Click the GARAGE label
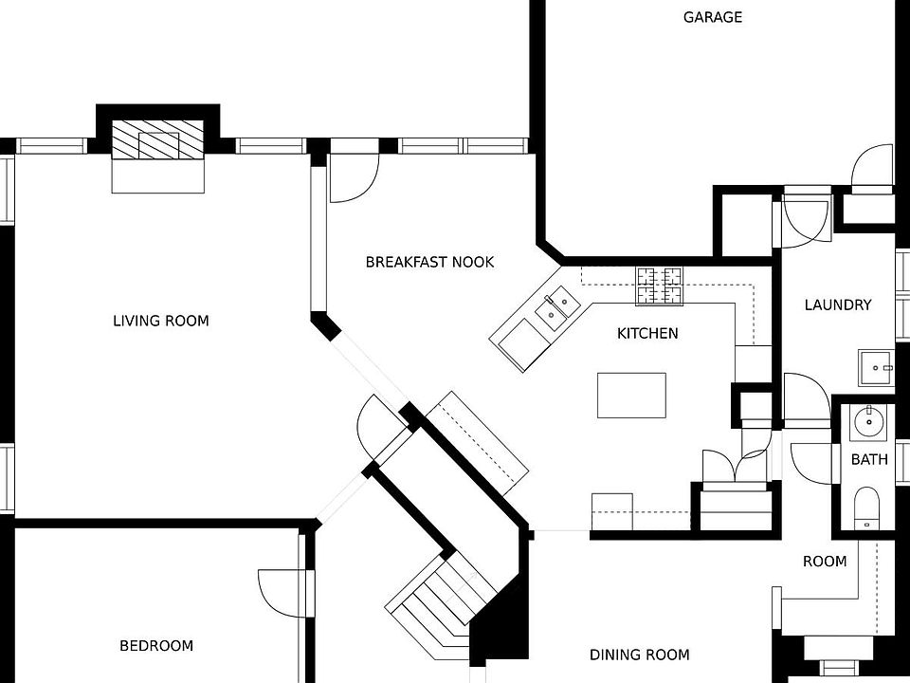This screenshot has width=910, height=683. pyautogui.click(x=713, y=17)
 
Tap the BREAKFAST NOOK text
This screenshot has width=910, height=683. pyautogui.click(x=429, y=262)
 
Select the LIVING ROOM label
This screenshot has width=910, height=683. pyautogui.click(x=160, y=321)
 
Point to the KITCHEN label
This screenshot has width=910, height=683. pyautogui.click(x=647, y=333)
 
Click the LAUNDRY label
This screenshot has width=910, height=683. pyautogui.click(x=837, y=305)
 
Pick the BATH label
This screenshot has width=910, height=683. pyautogui.click(x=869, y=460)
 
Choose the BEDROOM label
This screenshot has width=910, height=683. pyautogui.click(x=156, y=646)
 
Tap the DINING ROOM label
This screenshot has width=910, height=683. pyautogui.click(x=639, y=655)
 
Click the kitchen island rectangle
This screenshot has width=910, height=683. pyautogui.click(x=631, y=395)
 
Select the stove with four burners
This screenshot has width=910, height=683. pyautogui.click(x=659, y=285)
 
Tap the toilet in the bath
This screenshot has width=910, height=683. pyautogui.click(x=867, y=507)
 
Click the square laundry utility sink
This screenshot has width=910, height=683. pyautogui.click(x=876, y=367)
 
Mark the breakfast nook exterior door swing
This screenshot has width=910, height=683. pyautogui.click(x=353, y=179)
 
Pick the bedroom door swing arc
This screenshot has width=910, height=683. pyautogui.click(x=282, y=593)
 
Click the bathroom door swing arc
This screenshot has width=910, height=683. pyautogui.click(x=810, y=460)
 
